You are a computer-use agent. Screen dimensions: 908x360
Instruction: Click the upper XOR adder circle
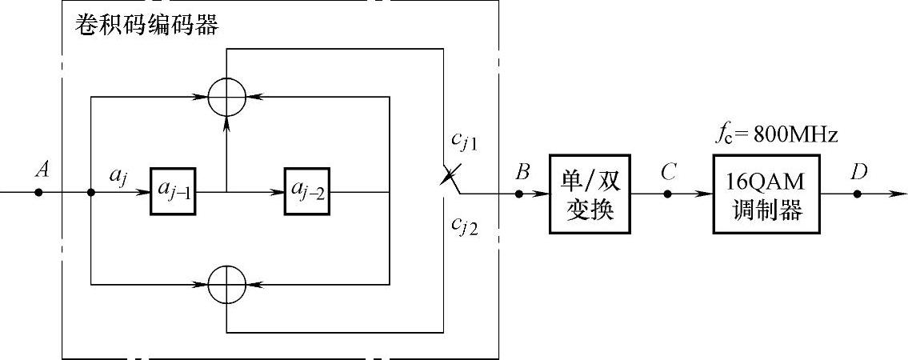coord(227,98)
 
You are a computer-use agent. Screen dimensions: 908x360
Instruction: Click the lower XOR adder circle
coord(227,283)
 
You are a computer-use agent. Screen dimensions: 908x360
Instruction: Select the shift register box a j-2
coord(306,192)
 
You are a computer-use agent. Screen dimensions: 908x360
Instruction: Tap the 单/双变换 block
coord(590,194)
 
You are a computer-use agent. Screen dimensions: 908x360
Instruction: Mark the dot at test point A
coord(38,193)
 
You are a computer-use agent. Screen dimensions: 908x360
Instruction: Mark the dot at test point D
coord(856,193)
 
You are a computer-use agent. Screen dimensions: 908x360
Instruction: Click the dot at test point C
coord(667,193)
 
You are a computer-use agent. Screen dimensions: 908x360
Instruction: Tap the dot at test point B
coord(521,193)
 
